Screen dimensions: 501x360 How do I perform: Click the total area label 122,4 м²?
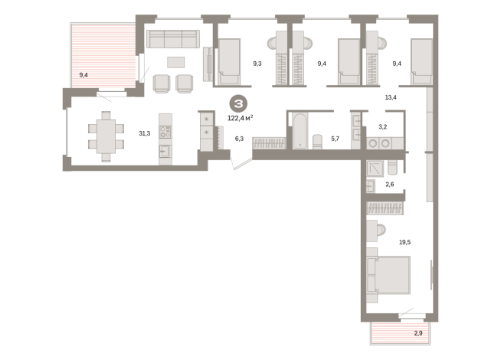click(241, 118)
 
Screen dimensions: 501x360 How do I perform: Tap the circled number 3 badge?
click(238, 104)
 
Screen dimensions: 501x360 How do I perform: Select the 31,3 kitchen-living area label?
click(145, 133)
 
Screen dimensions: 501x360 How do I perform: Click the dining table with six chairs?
click(106, 136)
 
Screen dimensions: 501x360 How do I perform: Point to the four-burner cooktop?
click(165, 132)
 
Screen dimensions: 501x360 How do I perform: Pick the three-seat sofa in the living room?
click(173, 39)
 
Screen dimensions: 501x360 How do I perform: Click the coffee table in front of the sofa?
click(175, 62)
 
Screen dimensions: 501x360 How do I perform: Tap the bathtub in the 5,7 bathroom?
click(300, 131)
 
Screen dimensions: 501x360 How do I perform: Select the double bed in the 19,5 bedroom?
click(388, 275)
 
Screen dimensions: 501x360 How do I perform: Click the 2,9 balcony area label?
click(418, 333)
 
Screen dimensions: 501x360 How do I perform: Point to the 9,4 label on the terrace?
click(83, 75)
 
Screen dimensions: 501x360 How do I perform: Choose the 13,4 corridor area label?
click(391, 97)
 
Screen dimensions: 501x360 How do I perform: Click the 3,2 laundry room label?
click(382, 127)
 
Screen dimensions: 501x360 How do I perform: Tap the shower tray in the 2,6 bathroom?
click(375, 169)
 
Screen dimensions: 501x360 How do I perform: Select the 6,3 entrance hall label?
click(239, 139)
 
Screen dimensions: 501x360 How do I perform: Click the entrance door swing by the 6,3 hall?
click(241, 164)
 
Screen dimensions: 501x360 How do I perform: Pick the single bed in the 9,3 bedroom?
click(229, 61)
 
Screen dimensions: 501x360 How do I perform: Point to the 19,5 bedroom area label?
click(404, 242)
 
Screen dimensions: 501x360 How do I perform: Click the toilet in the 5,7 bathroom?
click(317, 142)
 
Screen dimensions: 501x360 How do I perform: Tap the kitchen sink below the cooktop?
click(165, 151)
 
